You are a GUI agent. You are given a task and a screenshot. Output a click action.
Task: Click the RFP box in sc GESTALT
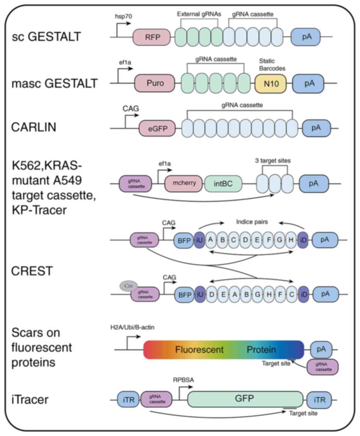pos(152,38)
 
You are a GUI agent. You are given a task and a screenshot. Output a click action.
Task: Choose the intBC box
pos(223,184)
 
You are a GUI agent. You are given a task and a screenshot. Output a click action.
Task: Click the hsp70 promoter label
pos(123,17)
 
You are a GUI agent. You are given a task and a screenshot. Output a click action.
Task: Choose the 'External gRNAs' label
pos(199,14)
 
